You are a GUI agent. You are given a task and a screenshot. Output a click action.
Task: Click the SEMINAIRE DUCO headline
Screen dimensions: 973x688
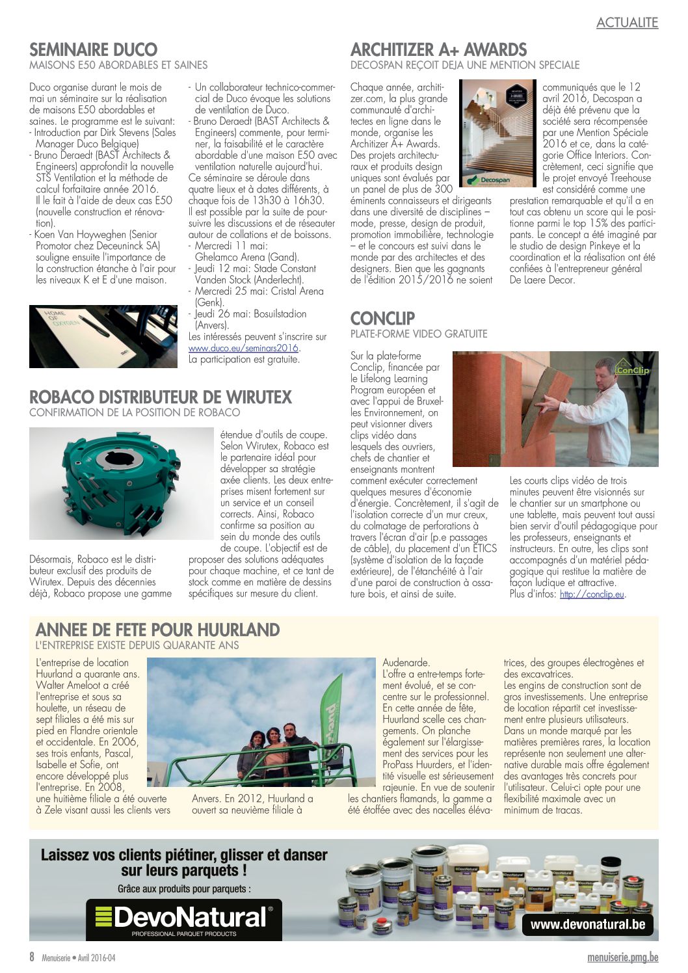click(93, 49)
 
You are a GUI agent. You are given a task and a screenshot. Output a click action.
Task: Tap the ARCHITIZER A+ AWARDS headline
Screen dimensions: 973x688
click(438, 49)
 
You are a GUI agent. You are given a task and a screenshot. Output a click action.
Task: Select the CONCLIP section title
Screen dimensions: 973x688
click(382, 318)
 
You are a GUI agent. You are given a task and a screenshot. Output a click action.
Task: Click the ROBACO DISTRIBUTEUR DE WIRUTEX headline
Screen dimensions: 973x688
click(161, 397)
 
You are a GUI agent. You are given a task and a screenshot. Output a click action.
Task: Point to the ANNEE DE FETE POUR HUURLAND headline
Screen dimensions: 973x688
click(157, 630)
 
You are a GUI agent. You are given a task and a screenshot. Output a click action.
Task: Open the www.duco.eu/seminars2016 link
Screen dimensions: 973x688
click(244, 348)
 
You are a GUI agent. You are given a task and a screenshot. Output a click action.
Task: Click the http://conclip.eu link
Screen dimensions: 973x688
click(592, 594)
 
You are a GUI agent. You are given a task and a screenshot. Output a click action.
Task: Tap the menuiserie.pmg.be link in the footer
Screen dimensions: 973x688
click(622, 957)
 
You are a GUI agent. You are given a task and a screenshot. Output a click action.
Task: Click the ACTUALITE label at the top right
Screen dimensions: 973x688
click(627, 23)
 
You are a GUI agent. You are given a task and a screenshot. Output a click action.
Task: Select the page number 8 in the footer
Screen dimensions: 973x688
click(32, 957)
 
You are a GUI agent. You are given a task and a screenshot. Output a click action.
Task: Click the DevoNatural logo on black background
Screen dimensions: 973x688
click(184, 920)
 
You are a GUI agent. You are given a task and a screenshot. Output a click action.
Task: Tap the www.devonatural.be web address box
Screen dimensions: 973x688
click(587, 924)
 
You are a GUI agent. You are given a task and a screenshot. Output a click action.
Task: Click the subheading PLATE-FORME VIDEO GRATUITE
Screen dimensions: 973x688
click(418, 334)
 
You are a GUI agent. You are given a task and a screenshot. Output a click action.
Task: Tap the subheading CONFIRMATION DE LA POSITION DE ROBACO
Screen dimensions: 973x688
click(135, 412)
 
